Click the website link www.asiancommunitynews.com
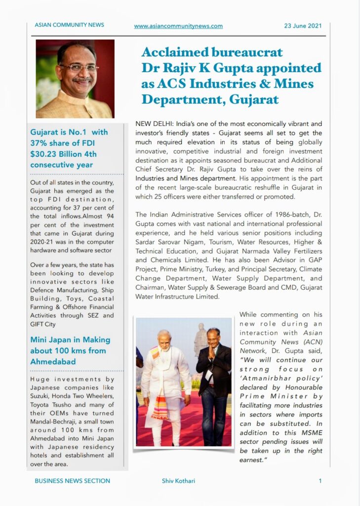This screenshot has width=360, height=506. point(178,26)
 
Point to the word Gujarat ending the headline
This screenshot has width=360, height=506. point(254,99)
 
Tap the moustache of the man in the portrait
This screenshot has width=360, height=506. point(79,80)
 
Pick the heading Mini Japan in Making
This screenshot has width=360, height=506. point(70,340)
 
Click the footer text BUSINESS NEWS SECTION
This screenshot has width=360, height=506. point(72,481)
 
